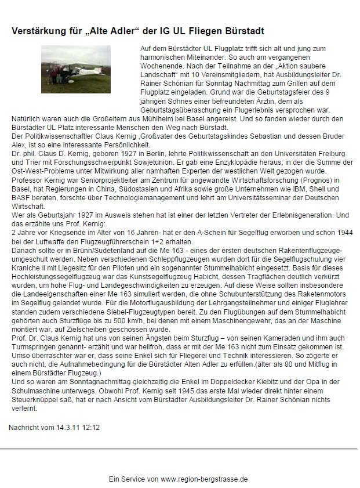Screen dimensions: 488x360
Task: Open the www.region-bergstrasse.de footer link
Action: point(204,479)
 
